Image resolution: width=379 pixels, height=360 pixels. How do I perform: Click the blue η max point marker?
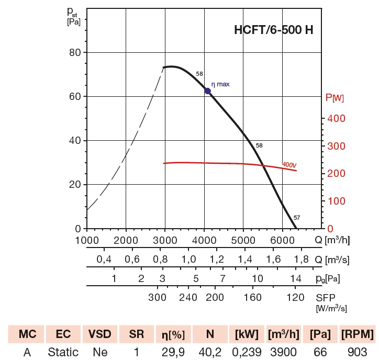coord(208,91)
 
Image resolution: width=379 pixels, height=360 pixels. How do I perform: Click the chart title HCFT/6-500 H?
coord(274,30)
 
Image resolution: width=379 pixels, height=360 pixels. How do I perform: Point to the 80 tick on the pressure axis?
coord(74,52)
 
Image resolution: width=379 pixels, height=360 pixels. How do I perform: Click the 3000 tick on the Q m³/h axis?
coord(165,241)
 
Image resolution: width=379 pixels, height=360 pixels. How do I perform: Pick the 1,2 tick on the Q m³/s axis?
coord(217,260)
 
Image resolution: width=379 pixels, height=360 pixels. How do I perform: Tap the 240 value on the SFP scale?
coord(188,297)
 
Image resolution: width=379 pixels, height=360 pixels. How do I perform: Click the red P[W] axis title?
coord(335,97)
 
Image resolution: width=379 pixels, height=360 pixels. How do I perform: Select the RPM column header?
coord(357,334)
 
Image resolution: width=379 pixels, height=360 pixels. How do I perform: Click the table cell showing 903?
coord(357,352)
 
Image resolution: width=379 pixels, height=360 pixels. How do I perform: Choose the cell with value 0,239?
coord(246,352)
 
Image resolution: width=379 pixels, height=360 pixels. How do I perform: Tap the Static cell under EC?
coord(63,352)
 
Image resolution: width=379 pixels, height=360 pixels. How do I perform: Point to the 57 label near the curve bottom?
coord(297,218)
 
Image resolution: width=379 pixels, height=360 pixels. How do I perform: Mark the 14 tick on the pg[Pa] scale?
coord(295,278)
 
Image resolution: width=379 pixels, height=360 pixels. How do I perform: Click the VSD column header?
coord(99,334)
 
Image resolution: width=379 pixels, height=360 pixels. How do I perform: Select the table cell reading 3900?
coord(283,352)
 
